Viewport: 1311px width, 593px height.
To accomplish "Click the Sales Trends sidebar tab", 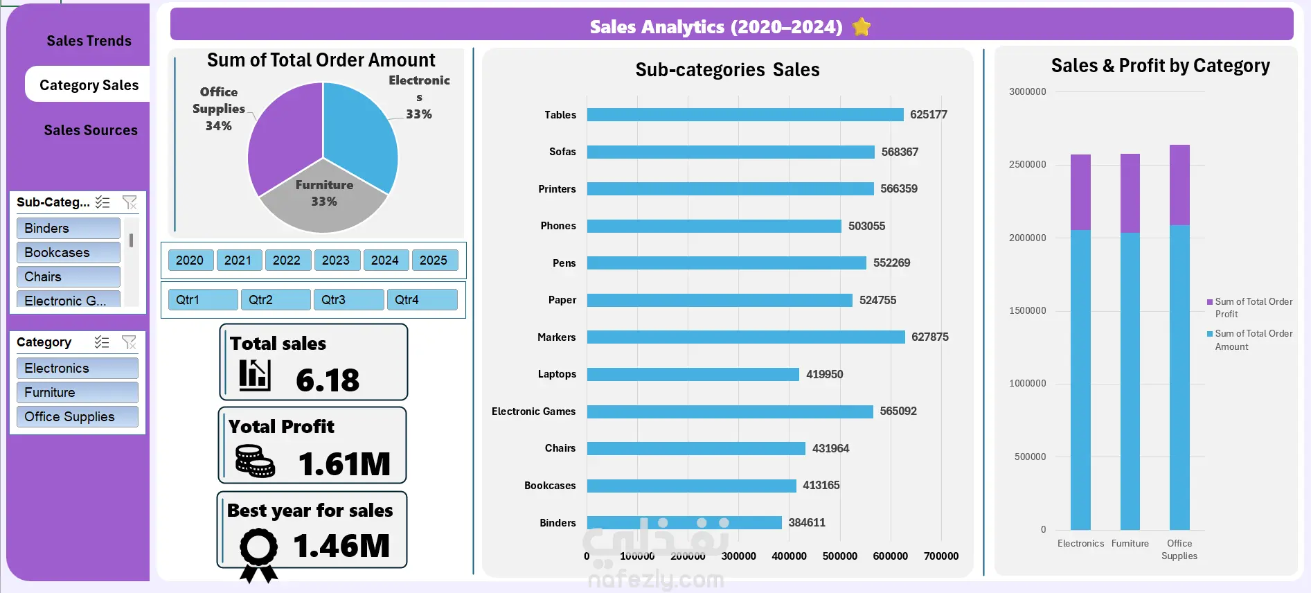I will pyautogui.click(x=89, y=41).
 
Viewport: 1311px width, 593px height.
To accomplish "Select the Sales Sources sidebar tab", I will pyautogui.click(x=91, y=130).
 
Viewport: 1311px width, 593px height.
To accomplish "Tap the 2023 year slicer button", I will pyautogui.click(x=336, y=260).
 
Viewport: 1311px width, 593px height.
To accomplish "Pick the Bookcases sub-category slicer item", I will pyautogui.click(x=68, y=253).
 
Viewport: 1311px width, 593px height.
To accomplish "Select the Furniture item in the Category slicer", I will pyautogui.click(x=77, y=393).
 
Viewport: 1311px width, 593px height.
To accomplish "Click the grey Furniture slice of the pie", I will pyautogui.click(x=323, y=201).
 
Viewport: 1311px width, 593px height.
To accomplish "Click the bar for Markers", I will pyautogui.click(x=745, y=337).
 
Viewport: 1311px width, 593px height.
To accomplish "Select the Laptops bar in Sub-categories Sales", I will pyautogui.click(x=693, y=374).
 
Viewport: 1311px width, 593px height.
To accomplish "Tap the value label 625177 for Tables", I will pyautogui.click(x=928, y=115).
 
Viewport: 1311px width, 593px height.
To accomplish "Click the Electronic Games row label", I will pyautogui.click(x=533, y=411).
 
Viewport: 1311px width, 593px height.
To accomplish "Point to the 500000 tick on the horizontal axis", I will pyautogui.click(x=839, y=556).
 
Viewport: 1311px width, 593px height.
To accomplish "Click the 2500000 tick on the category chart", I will pyautogui.click(x=1027, y=165).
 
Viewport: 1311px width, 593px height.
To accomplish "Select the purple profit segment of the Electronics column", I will pyautogui.click(x=1080, y=193).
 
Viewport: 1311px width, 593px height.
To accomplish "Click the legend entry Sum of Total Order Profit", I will pyautogui.click(x=1252, y=308).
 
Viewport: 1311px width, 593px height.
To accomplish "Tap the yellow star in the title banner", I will pyautogui.click(x=862, y=27).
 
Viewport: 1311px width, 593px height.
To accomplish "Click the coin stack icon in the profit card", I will pyautogui.click(x=255, y=461).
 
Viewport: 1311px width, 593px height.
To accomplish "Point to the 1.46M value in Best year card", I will pyautogui.click(x=341, y=546).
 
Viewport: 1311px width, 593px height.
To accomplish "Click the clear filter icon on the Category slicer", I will pyautogui.click(x=129, y=342).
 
